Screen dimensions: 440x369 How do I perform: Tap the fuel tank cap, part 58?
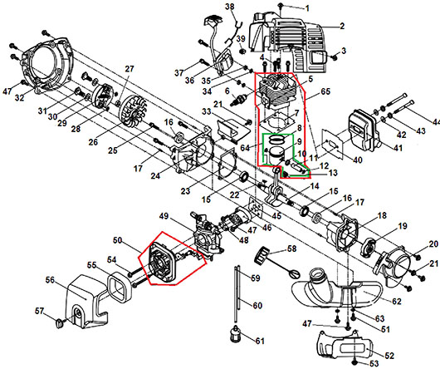tap(262, 255)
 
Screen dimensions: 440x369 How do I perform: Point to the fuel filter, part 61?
tap(235, 333)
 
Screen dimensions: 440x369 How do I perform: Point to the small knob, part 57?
tap(59, 323)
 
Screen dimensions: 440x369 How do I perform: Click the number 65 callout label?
tap(325, 91)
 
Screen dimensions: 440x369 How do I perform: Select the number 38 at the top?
tap(229, 6)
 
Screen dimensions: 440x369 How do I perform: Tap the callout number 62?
tap(396, 302)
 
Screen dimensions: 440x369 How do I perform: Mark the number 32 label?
tap(19, 97)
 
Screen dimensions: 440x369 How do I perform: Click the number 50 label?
tap(118, 240)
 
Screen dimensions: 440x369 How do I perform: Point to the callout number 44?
tap(436, 122)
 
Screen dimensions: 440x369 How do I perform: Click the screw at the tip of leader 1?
tap(281, 5)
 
